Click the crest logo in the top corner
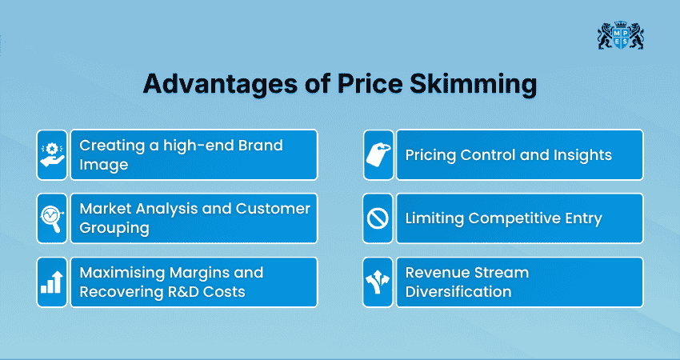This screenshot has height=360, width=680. [x=620, y=36]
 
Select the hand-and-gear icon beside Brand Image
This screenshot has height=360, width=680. [x=52, y=154]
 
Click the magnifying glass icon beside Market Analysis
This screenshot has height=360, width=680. [x=52, y=218]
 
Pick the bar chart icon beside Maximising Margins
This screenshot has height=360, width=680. [x=52, y=282]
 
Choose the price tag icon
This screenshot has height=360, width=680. [x=378, y=154]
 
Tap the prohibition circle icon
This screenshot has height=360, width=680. [x=378, y=218]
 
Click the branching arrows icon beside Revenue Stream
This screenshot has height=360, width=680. [x=378, y=282]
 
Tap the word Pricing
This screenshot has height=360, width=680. [x=430, y=154]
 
